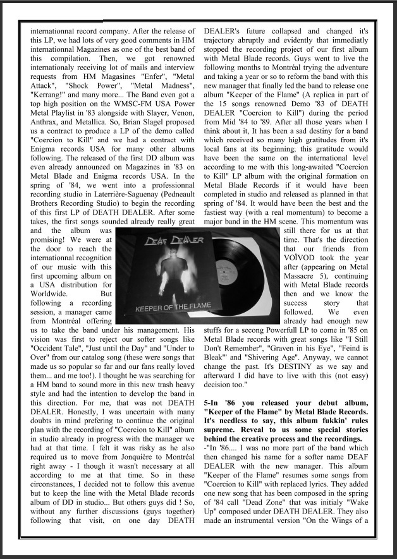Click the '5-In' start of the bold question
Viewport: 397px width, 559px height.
pyautogui.click(x=215, y=402)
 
